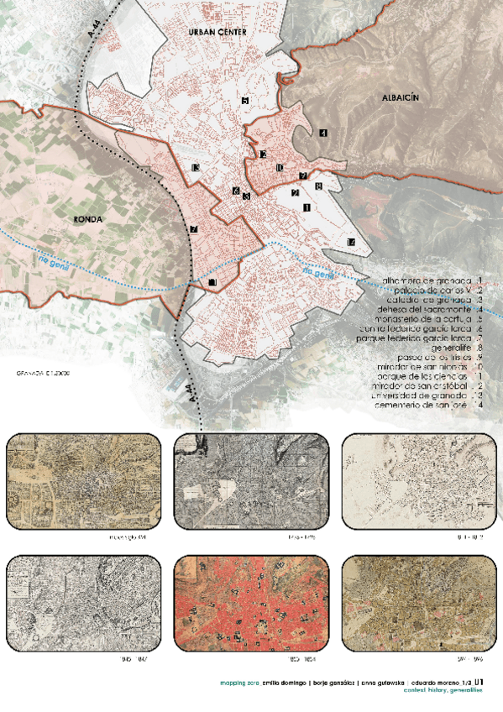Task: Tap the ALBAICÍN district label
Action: click(400, 98)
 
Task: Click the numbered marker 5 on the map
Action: click(244, 101)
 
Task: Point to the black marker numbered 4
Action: click(323, 132)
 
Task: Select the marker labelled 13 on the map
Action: click(195, 170)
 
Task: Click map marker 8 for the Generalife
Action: click(318, 186)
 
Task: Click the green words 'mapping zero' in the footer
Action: click(241, 683)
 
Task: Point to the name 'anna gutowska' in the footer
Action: click(388, 683)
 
